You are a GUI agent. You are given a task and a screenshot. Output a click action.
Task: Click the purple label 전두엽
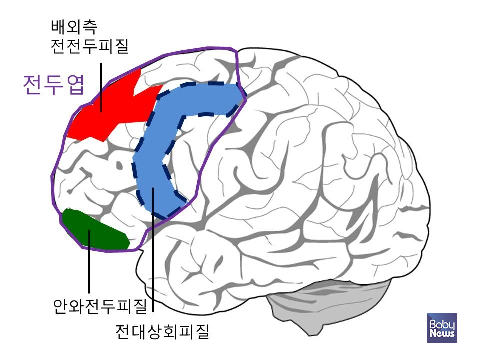coord(54,85)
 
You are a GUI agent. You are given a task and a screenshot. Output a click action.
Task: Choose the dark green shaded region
coord(95,230)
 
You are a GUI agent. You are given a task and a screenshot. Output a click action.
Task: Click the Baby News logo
coord(442,328)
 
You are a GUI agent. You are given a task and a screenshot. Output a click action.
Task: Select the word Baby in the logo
coord(442,323)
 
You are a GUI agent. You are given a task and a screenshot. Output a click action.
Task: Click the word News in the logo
coord(442,333)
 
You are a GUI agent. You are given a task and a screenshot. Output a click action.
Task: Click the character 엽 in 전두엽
coord(74,85)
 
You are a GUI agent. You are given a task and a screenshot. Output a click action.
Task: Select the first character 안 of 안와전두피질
coord(60,305)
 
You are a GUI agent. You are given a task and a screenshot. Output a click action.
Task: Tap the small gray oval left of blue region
coord(120,164)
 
